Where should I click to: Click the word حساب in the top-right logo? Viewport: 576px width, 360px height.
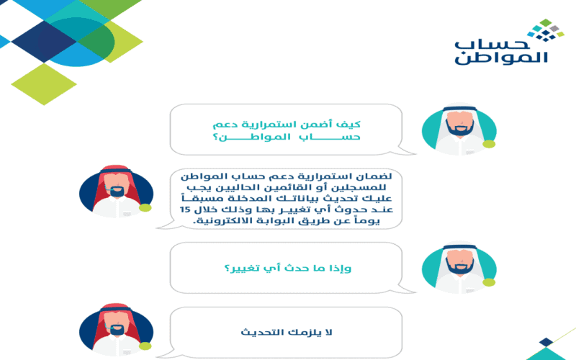pos(492,44)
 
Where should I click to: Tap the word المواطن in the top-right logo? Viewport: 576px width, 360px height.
pos(501,58)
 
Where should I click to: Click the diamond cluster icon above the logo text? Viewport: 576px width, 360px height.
pos(546,30)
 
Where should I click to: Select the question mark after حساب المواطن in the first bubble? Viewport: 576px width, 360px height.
pos(215,138)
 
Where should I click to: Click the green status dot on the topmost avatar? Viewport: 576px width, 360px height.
pos(489,144)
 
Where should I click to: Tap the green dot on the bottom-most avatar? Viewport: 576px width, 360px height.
pos(145,346)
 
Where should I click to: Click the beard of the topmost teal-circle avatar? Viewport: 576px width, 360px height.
pos(459,128)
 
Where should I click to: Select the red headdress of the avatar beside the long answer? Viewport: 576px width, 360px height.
pos(115,184)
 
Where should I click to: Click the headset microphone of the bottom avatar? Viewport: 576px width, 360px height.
pos(106,325)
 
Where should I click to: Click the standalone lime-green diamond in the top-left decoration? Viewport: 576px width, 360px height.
pos(44,84)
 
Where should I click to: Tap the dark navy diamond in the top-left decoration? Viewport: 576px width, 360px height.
pos(44,41)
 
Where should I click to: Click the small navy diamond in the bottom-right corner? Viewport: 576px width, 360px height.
pos(546,342)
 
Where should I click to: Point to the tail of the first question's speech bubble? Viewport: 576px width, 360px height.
pos(406,150)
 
